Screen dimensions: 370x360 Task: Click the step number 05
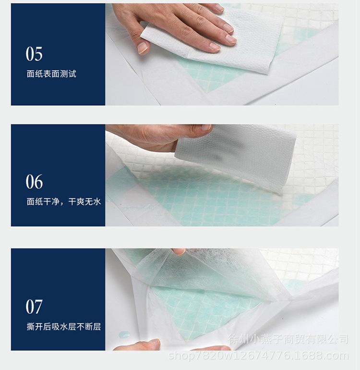pos(34,54)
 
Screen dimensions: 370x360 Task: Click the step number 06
pos(34,182)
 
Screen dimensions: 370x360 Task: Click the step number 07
pos(34,307)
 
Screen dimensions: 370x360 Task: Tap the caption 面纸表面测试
pos(51,74)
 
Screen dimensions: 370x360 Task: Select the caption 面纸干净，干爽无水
pos(63,202)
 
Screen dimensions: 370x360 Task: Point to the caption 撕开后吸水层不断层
pos(63,327)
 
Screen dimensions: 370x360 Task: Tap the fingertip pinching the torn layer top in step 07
pos(179,251)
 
